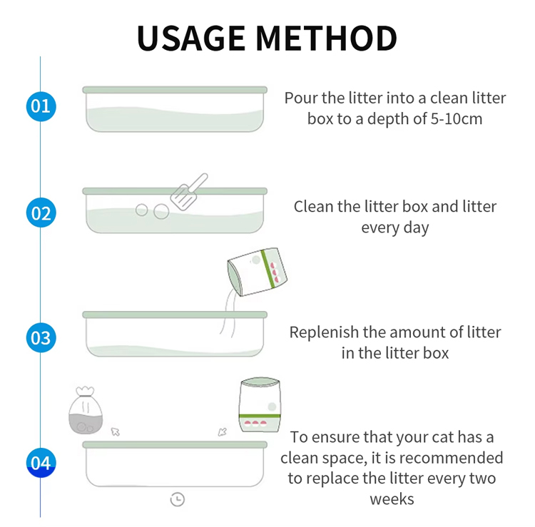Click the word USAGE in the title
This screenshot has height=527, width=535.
pyautogui.click(x=191, y=39)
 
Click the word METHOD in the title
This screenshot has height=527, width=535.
pyautogui.click(x=327, y=39)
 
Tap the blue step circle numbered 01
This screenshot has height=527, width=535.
pyautogui.click(x=41, y=106)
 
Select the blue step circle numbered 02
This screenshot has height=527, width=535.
pyautogui.click(x=41, y=213)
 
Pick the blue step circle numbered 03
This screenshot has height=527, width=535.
pyautogui.click(x=41, y=338)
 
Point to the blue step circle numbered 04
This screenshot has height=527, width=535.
pyautogui.click(x=41, y=463)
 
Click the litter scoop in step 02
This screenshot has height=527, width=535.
pyautogui.click(x=188, y=192)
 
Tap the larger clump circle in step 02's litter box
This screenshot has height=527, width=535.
pyautogui.click(x=161, y=212)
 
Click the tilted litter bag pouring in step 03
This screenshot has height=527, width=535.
pyautogui.click(x=258, y=272)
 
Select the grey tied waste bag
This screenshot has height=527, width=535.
pyautogui.click(x=86, y=410)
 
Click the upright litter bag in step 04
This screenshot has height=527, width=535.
pyautogui.click(x=260, y=405)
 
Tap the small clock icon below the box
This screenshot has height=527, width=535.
pyautogui.click(x=178, y=500)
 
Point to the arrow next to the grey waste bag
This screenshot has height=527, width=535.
pyautogui.click(x=116, y=432)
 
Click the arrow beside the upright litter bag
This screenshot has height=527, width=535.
pyautogui.click(x=222, y=432)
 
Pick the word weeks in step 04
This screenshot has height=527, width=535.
pyautogui.click(x=392, y=499)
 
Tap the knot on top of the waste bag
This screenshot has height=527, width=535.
pyautogui.click(x=86, y=392)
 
